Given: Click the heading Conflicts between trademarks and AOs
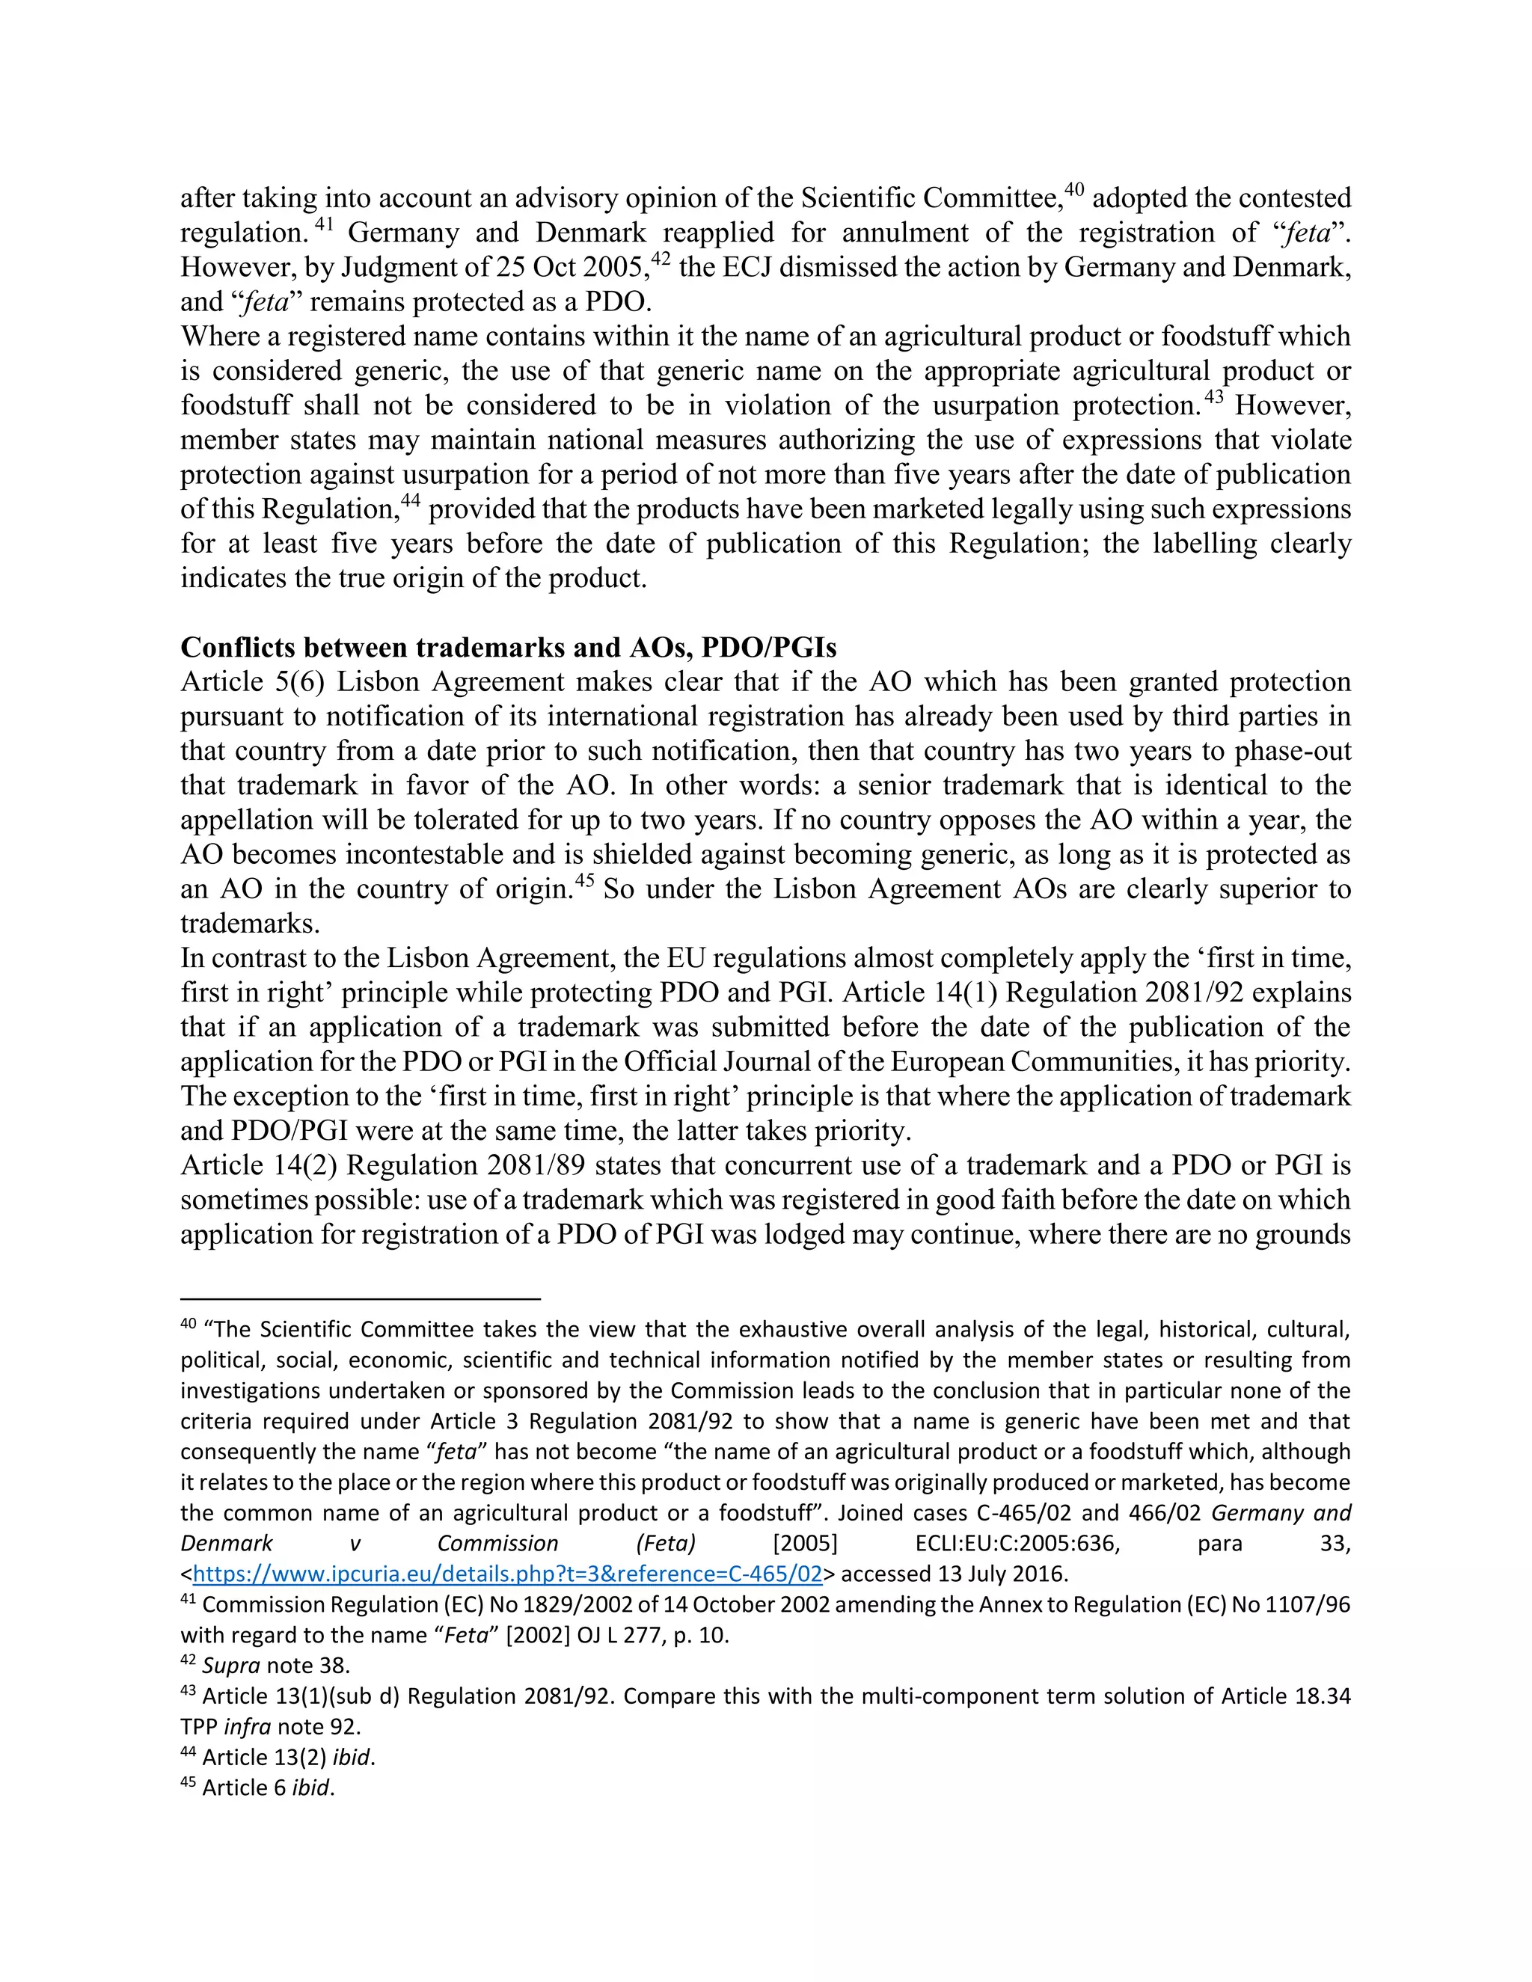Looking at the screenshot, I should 508,648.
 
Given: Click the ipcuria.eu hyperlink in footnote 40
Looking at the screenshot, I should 507,1574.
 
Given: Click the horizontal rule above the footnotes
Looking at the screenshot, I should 361,1298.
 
